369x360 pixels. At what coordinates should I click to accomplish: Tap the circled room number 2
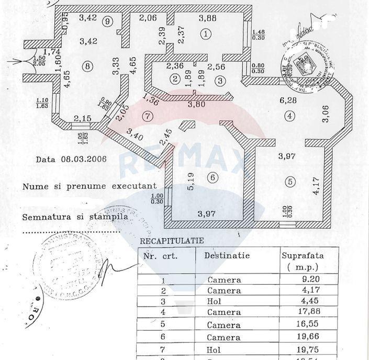(175, 78)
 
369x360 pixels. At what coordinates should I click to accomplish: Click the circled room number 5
(290, 182)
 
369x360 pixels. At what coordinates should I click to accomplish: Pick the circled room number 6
(212, 177)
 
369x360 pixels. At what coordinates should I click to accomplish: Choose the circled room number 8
(87, 66)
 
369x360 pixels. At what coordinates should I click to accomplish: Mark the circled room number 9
(108, 21)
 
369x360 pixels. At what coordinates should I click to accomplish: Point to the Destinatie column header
(227, 256)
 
